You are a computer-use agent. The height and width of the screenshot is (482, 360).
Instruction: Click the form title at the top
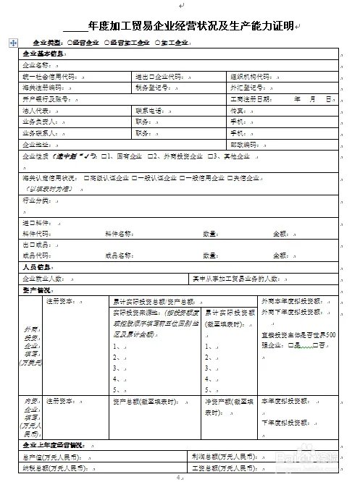pyautogui.click(x=186, y=26)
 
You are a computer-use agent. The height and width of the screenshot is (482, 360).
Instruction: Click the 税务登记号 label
pyautogui.click(x=151, y=88)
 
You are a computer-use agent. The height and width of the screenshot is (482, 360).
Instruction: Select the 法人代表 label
pyautogui.click(x=35, y=111)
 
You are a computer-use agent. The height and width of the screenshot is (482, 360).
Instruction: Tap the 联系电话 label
pyautogui.click(x=148, y=111)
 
